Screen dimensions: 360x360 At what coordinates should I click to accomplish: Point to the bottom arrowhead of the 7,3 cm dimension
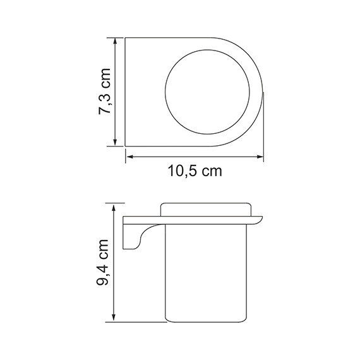(116, 143)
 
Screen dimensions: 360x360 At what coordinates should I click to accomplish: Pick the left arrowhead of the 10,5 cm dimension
(128, 156)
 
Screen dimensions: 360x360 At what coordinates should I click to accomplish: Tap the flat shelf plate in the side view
(189, 221)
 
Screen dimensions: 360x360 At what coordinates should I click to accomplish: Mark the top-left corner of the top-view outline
(125, 38)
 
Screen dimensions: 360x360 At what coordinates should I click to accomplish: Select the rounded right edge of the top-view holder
(259, 92)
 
